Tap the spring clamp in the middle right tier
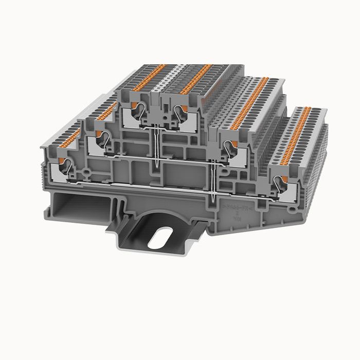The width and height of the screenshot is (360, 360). (232, 150)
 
